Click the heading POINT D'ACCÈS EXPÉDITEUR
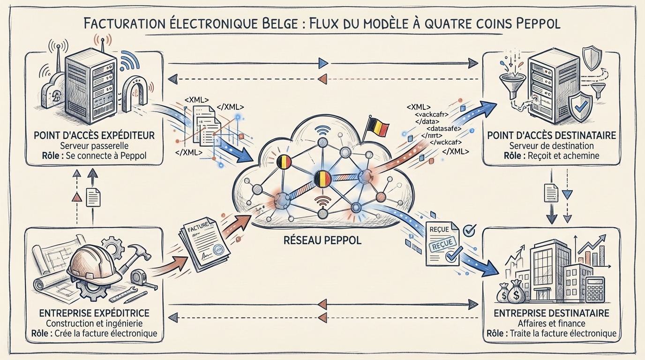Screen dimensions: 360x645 tap(94, 135)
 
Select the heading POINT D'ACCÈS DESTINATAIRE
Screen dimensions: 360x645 tap(552, 135)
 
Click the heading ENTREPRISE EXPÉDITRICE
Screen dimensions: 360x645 tap(95, 313)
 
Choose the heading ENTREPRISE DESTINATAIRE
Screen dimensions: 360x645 tap(551, 313)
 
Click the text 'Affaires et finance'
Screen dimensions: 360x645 tap(551, 323)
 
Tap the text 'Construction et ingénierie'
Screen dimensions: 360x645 tap(95, 323)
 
